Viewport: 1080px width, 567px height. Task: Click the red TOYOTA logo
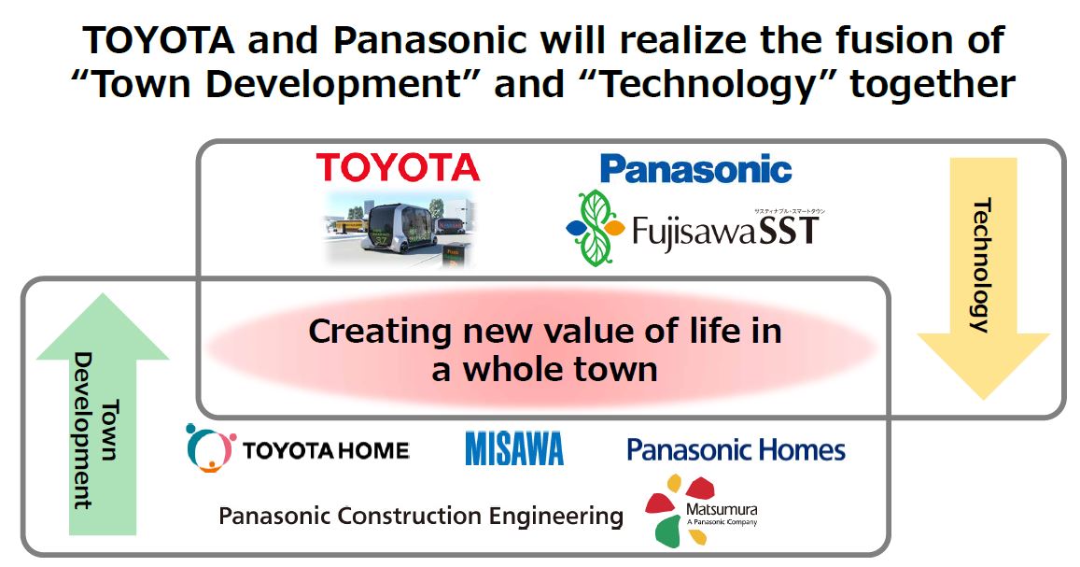pyautogui.click(x=398, y=167)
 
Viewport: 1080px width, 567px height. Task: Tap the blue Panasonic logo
pyautogui.click(x=696, y=169)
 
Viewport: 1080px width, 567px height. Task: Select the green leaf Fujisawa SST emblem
pyautogui.click(x=596, y=228)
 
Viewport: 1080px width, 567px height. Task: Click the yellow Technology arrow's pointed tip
pyautogui.click(x=984, y=398)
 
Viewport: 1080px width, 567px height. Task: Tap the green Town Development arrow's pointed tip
pyautogui.click(x=103, y=295)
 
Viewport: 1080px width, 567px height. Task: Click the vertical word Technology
pyautogui.click(x=981, y=266)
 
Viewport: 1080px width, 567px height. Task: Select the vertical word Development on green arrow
pyautogui.click(x=84, y=431)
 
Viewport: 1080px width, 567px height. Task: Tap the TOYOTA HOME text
pyautogui.click(x=326, y=450)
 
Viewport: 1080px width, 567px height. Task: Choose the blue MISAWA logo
pyautogui.click(x=513, y=448)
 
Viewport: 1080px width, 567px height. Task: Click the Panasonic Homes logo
pyautogui.click(x=736, y=450)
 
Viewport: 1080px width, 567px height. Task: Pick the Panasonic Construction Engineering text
pyautogui.click(x=421, y=516)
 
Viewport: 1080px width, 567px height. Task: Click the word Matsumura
pyautogui.click(x=722, y=510)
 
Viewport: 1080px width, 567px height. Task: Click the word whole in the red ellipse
pyautogui.click(x=513, y=369)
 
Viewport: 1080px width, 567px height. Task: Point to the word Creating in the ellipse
pyautogui.click(x=381, y=332)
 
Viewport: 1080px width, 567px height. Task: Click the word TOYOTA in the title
pyautogui.click(x=160, y=41)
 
